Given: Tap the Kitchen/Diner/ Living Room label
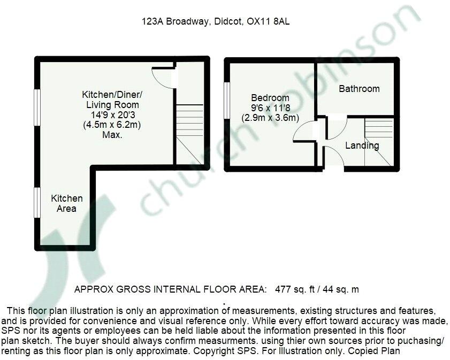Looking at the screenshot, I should click(112, 99).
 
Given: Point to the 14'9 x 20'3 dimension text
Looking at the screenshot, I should click(112, 115).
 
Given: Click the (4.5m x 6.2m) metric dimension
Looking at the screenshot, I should click(112, 125).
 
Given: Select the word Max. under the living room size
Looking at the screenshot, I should click(112, 135).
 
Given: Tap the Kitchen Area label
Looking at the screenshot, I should click(67, 203).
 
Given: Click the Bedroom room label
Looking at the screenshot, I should click(270, 98).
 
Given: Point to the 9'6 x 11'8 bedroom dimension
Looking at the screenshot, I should click(270, 108).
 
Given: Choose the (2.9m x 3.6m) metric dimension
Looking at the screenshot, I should click(270, 118).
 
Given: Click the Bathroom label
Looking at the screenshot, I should click(359, 89).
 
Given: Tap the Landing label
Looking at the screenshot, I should click(362, 145).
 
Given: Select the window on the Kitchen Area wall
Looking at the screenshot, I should click(37, 203).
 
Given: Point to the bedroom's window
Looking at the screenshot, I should click(227, 100).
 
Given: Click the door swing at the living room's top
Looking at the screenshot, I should click(163, 78).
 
